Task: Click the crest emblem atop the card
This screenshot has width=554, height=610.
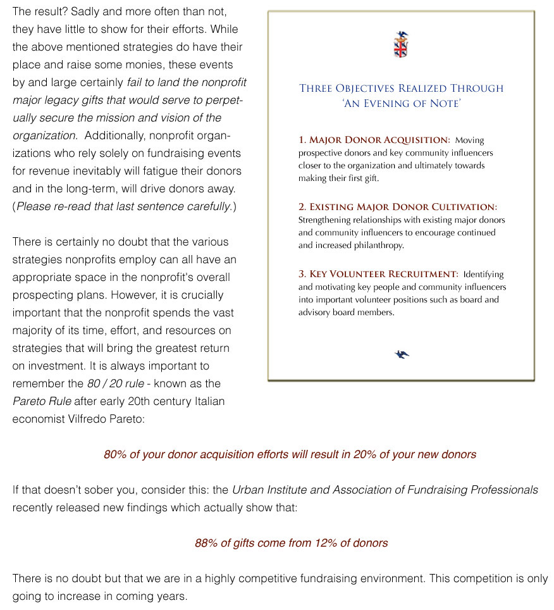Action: coord(401,45)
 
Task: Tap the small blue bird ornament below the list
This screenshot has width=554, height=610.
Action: coord(402,354)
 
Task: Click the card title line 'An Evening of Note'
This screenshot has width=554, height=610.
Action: coord(401,103)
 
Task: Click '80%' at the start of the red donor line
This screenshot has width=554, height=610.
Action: coord(115,454)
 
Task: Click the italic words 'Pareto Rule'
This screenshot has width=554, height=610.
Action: coord(42,401)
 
